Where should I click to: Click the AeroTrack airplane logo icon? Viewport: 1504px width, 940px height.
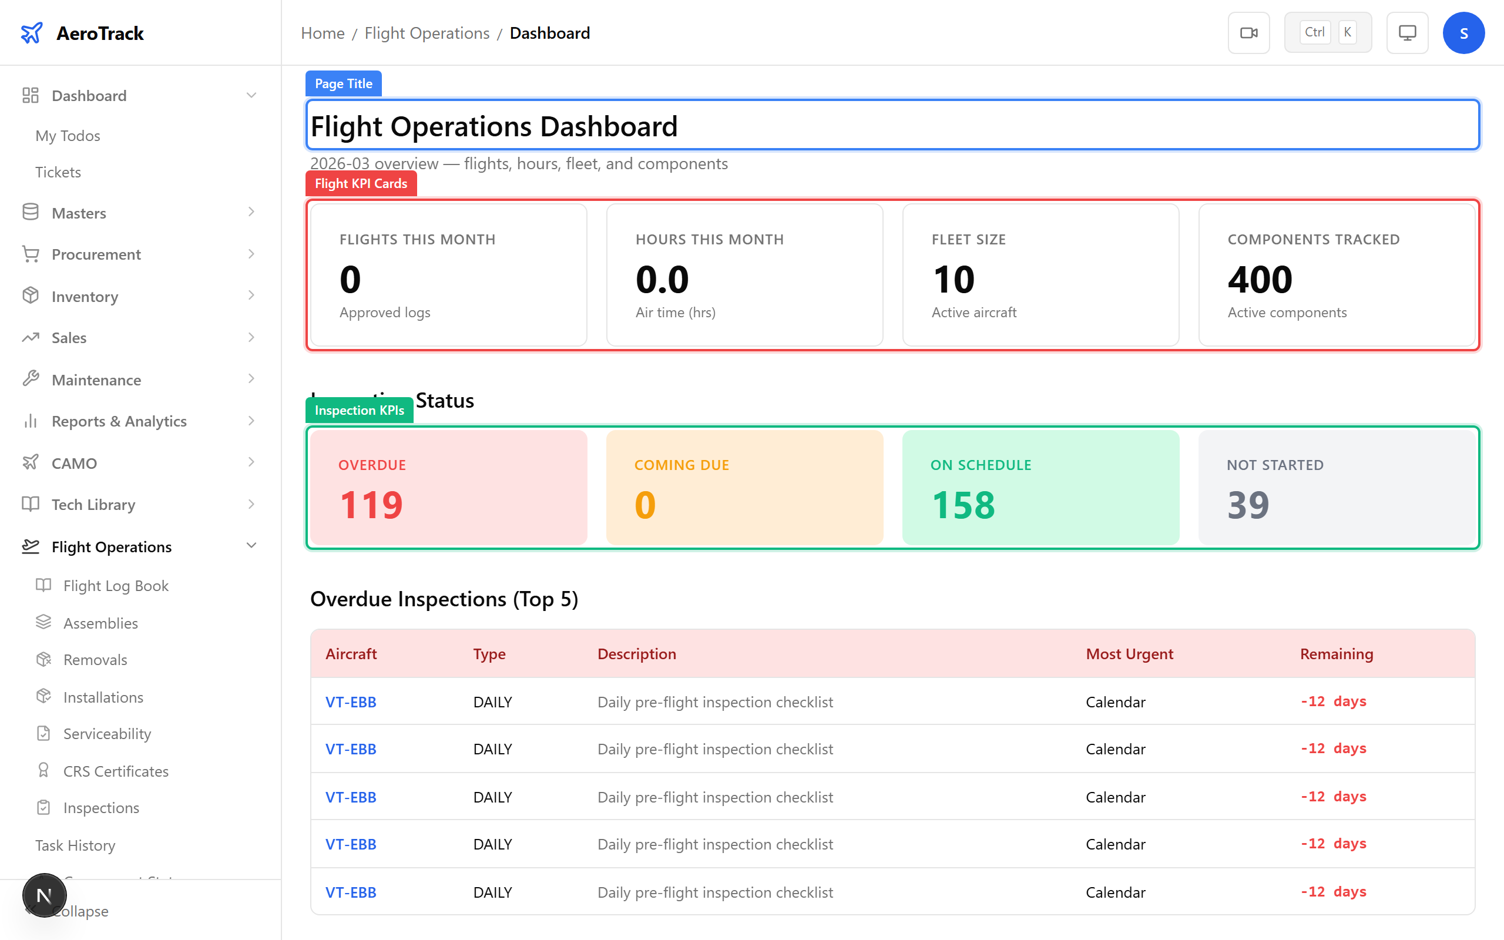(31, 33)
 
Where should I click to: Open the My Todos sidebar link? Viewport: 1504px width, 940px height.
(68, 136)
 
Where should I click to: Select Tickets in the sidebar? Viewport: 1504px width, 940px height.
(58, 172)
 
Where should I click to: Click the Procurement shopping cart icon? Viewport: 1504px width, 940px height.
(31, 254)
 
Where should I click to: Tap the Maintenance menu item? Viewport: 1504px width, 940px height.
(96, 380)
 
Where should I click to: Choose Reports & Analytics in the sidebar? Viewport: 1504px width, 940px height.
(119, 421)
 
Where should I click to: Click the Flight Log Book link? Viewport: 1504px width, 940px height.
(116, 586)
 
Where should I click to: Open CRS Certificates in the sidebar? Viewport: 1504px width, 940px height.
(116, 771)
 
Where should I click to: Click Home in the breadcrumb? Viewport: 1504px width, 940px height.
(323, 33)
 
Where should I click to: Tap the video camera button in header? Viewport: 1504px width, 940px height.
(1248, 33)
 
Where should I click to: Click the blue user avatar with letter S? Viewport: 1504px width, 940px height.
(1463, 33)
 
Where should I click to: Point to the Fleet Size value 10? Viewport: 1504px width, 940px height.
(954, 279)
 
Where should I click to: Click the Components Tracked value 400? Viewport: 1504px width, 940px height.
(1260, 279)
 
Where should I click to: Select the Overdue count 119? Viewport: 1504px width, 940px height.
(371, 504)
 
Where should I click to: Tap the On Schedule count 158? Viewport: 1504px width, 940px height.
(963, 504)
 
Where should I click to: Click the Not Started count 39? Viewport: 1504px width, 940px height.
(1248, 504)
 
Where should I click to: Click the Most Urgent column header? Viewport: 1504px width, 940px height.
(1129, 654)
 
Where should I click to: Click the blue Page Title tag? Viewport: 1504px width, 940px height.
(343, 84)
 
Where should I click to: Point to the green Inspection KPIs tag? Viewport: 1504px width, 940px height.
(359, 410)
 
